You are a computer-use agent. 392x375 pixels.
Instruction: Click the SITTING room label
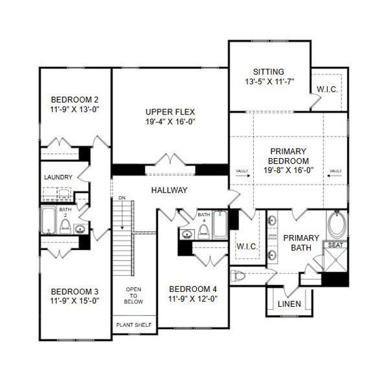(269, 72)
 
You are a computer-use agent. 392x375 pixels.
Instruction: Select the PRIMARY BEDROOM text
(288, 156)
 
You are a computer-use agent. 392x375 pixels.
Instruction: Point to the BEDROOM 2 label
(75, 99)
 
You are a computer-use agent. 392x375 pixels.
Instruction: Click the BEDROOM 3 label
(75, 291)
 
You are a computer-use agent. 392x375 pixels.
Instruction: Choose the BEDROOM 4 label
(193, 289)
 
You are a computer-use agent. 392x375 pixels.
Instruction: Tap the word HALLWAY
(169, 190)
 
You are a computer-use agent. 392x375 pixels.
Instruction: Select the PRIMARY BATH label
(301, 242)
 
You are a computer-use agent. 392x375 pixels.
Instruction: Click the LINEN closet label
(289, 304)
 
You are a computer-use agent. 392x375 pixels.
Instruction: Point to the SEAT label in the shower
(336, 245)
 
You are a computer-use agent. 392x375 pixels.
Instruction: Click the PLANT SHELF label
(134, 325)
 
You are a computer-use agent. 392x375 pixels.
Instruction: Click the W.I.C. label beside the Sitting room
(327, 90)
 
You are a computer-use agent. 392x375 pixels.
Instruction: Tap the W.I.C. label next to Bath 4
(247, 247)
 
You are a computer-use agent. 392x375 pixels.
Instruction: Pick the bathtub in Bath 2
(49, 220)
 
